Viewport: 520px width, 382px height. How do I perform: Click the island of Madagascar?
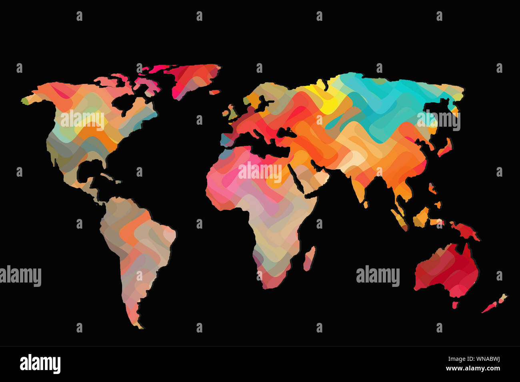point(309,258)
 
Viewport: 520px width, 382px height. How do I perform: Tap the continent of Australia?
point(446,270)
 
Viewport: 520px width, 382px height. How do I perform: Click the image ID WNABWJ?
point(486,359)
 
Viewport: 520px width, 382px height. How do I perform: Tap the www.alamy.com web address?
point(472,368)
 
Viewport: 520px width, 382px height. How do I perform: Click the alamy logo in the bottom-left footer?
point(40,364)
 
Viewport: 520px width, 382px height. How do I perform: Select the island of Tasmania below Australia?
point(455,305)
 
